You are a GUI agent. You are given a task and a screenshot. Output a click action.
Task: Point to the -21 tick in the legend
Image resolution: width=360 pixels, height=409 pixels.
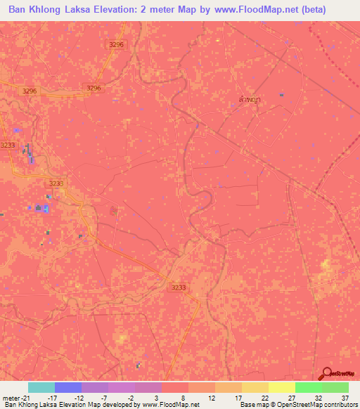25,397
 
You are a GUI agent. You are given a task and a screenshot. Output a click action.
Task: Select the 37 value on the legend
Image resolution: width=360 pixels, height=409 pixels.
345,397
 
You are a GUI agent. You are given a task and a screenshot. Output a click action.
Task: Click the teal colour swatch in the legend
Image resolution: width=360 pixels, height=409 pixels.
41,387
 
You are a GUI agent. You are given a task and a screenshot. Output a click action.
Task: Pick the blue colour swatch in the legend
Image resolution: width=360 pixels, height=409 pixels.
68,387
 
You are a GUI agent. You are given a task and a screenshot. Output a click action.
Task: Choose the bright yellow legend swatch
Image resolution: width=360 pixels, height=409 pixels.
282,387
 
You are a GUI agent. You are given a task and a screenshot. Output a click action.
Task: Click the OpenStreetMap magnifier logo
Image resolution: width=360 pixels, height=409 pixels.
328,373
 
